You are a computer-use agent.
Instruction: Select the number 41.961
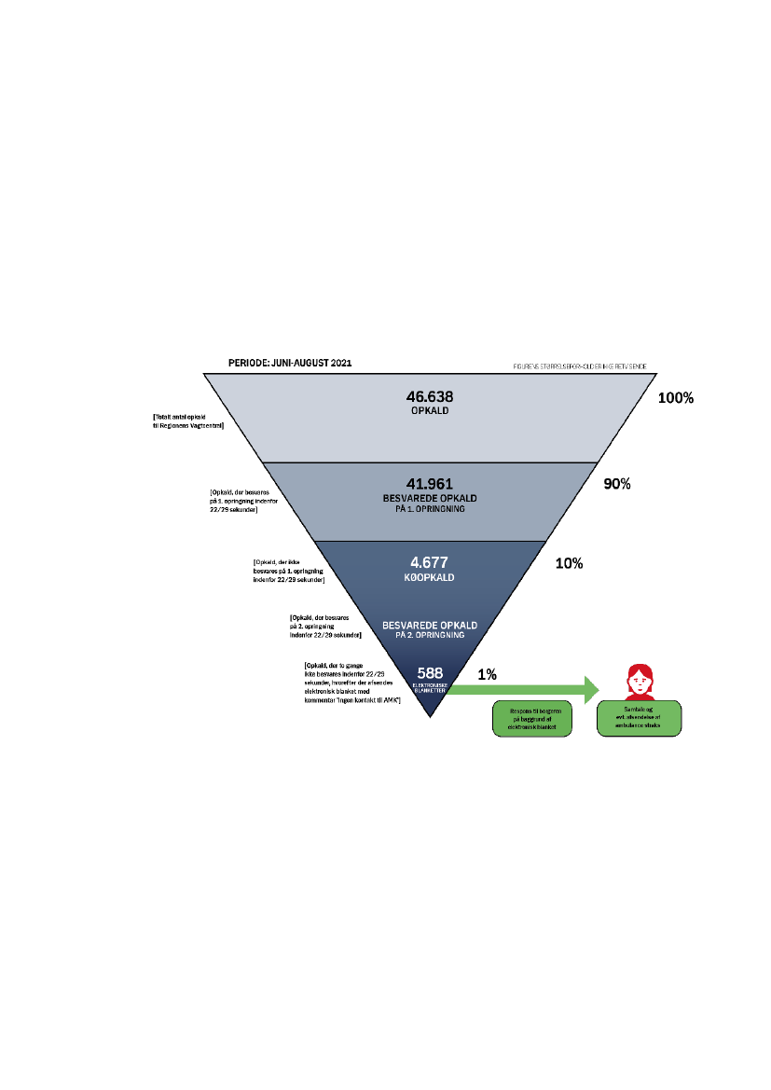coord(430,483)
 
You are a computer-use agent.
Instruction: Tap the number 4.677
coord(430,563)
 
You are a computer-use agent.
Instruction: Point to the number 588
coord(430,672)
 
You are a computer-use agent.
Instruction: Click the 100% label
coord(676,398)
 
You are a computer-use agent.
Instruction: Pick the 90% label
coord(617,485)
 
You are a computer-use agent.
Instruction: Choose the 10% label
coord(569,564)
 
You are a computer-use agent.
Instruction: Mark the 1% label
coord(487,673)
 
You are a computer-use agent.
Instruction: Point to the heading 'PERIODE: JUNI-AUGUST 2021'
coord(291,362)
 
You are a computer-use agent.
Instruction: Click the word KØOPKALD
coord(430,578)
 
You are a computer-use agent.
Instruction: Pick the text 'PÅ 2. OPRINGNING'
coord(430,634)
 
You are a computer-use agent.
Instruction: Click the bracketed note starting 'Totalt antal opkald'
coord(192,421)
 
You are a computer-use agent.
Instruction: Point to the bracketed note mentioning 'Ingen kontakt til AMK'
coord(346,682)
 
